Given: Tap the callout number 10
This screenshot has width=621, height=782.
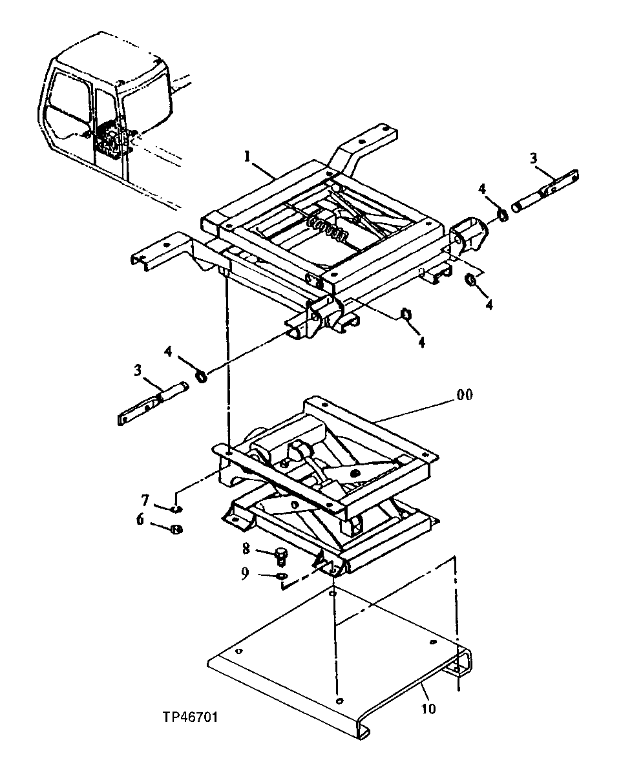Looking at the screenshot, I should click(x=428, y=708).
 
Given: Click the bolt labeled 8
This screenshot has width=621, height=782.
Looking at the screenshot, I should click(x=281, y=555).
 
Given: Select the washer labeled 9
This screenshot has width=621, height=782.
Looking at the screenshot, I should click(x=281, y=575).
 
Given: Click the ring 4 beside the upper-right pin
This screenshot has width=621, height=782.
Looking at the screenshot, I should click(x=503, y=213).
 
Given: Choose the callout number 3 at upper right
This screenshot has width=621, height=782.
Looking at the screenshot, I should click(x=534, y=158).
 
